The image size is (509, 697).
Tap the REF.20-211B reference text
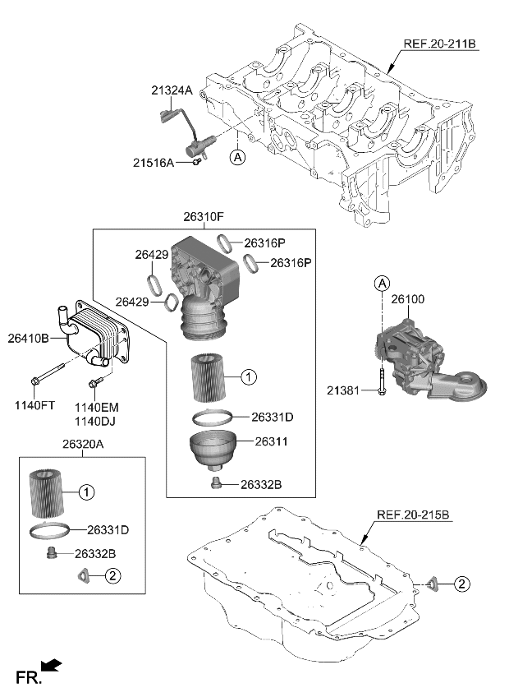(x=439, y=44)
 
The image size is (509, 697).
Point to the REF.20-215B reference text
(x=413, y=515)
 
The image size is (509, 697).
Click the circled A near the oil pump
(x=382, y=284)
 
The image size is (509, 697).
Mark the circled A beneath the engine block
(x=237, y=155)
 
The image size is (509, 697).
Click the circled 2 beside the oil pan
(x=462, y=584)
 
